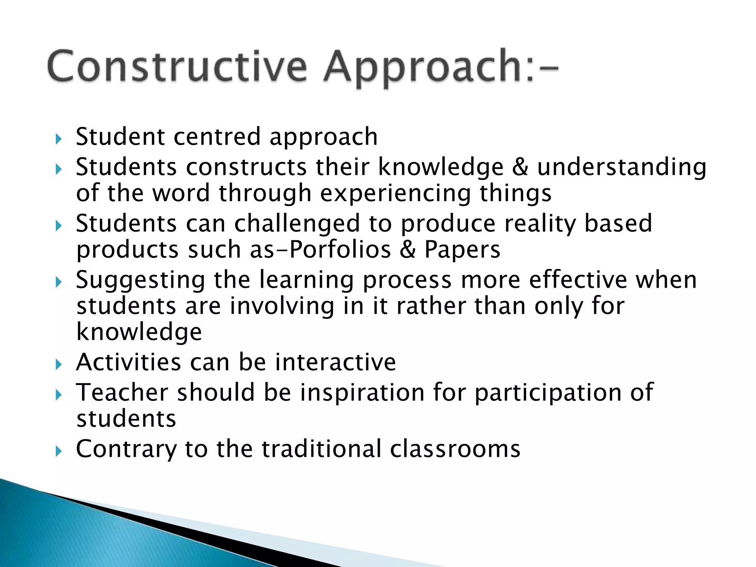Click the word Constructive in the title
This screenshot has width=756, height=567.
177,67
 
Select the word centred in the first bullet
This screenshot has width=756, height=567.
217,137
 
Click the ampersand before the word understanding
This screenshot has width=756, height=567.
520,167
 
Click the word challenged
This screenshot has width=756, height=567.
297,224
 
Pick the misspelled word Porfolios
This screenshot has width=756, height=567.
340,250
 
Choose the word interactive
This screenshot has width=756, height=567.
336,362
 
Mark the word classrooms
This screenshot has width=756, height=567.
455,449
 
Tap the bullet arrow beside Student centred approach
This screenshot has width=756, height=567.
58,140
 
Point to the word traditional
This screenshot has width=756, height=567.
321,449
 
